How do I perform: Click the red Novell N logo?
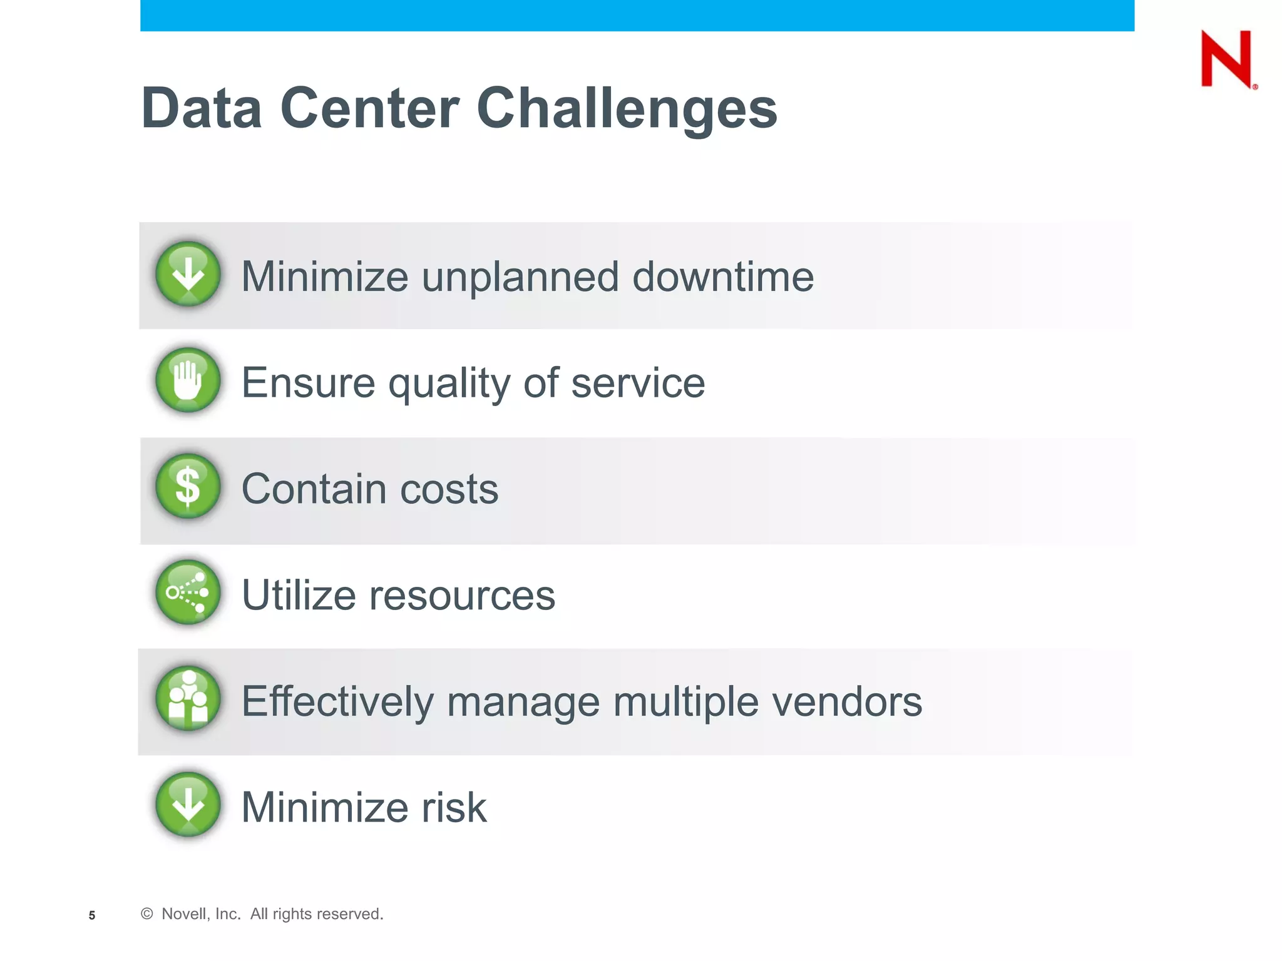pos(1228,59)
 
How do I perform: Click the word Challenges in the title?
pos(627,109)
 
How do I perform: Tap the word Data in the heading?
pos(201,109)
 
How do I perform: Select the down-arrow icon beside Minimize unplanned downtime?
pos(188,274)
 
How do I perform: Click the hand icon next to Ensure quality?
pos(188,380)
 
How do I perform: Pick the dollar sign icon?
pos(188,486)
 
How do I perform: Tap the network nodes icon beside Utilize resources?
pos(188,592)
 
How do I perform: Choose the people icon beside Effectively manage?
pos(188,698)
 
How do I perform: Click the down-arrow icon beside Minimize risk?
pos(188,805)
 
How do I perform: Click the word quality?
pos(449,384)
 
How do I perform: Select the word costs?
pos(449,489)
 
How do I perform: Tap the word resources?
pos(461,595)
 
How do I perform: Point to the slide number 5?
pos(92,915)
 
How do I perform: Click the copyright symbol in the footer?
pos(147,913)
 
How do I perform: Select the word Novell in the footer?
pos(184,914)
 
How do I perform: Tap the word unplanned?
pos(520,278)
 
